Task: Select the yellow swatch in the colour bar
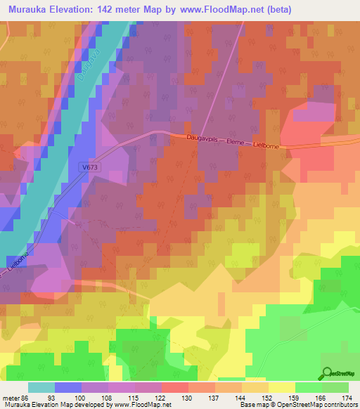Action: [x=281, y=388]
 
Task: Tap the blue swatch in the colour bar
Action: [x=68, y=388]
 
